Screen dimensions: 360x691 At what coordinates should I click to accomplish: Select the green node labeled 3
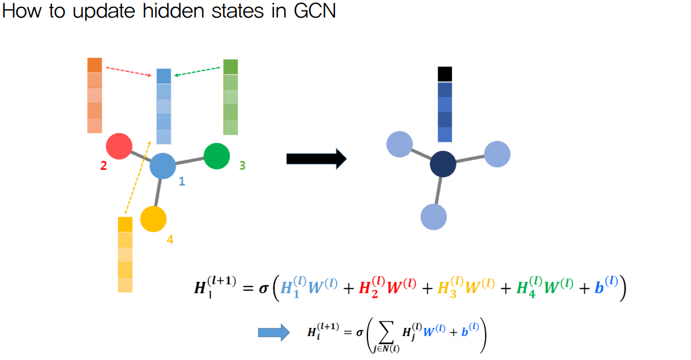coord(217,156)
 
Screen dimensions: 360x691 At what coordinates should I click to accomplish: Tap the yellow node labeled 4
coord(153,219)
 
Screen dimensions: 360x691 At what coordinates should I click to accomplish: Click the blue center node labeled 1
coord(163,166)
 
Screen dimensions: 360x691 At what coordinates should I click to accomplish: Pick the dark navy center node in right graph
coord(443,164)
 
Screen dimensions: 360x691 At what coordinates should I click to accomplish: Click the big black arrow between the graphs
coord(316,159)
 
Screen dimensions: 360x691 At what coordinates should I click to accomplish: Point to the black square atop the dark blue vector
coord(445,74)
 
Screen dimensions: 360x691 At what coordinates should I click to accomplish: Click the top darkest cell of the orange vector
coord(95,65)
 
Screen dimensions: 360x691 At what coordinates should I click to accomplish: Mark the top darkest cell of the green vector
coord(231,67)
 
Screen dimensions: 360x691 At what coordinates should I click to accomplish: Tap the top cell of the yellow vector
coord(125,224)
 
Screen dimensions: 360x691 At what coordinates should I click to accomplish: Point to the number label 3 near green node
coord(242,165)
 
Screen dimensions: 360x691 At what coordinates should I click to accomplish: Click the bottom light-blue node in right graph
coord(433,217)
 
